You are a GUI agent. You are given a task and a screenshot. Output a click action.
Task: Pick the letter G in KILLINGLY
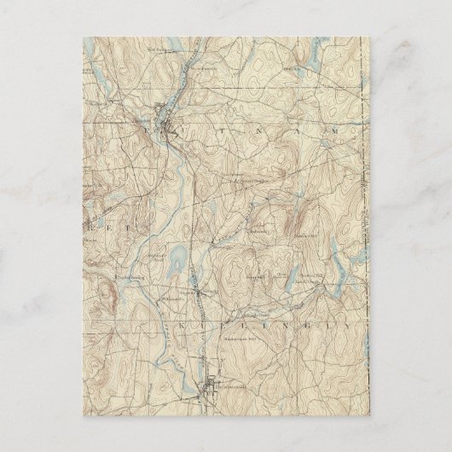(x=293, y=324)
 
